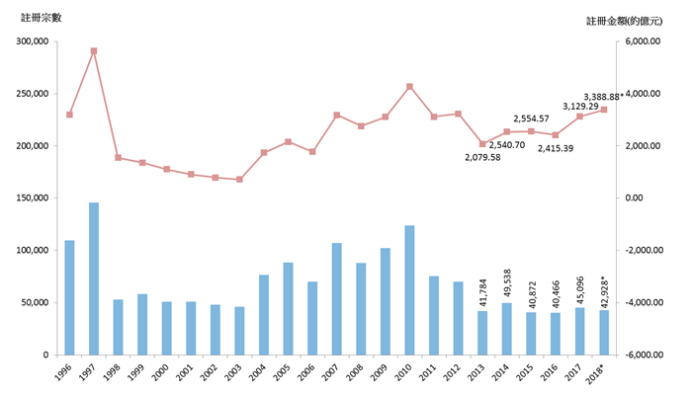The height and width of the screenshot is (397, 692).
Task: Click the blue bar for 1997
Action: pos(94,278)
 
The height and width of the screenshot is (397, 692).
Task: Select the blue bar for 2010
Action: pos(409,290)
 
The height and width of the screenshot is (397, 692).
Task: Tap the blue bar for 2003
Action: pos(239,331)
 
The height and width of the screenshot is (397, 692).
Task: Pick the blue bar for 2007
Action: pos(337,298)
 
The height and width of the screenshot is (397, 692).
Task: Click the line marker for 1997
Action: pos(94,50)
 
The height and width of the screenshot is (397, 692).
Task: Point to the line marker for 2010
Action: pos(409,87)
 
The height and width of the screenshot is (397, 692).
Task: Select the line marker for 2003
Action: pos(239,180)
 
